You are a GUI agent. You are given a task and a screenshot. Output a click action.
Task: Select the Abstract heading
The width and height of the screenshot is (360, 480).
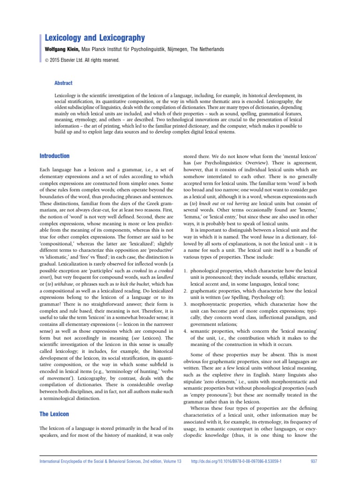coord(64,83)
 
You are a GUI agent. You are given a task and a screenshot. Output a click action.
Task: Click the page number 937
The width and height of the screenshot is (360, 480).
coord(315,461)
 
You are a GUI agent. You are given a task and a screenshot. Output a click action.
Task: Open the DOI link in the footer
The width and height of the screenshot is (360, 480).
coord(236,461)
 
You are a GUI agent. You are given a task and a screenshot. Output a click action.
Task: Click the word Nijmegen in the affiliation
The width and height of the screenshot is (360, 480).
coord(183,49)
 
